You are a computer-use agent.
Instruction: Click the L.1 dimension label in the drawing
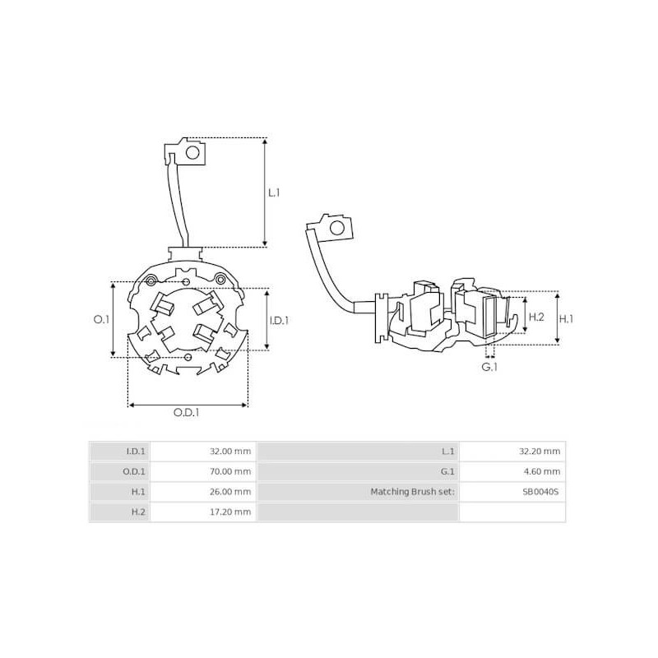[275, 193]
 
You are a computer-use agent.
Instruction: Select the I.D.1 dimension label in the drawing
[280, 320]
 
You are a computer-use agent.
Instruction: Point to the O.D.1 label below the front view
[188, 414]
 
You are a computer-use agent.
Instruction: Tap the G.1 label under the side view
[489, 367]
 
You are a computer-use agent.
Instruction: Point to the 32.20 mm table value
[544, 451]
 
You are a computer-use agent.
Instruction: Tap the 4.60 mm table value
[546, 471]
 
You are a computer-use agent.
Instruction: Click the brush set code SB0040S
[540, 492]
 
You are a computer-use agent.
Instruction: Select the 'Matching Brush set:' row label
[414, 492]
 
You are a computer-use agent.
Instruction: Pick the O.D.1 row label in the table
[134, 471]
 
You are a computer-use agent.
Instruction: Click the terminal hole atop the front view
[194, 151]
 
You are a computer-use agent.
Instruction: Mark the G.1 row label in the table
[447, 471]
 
